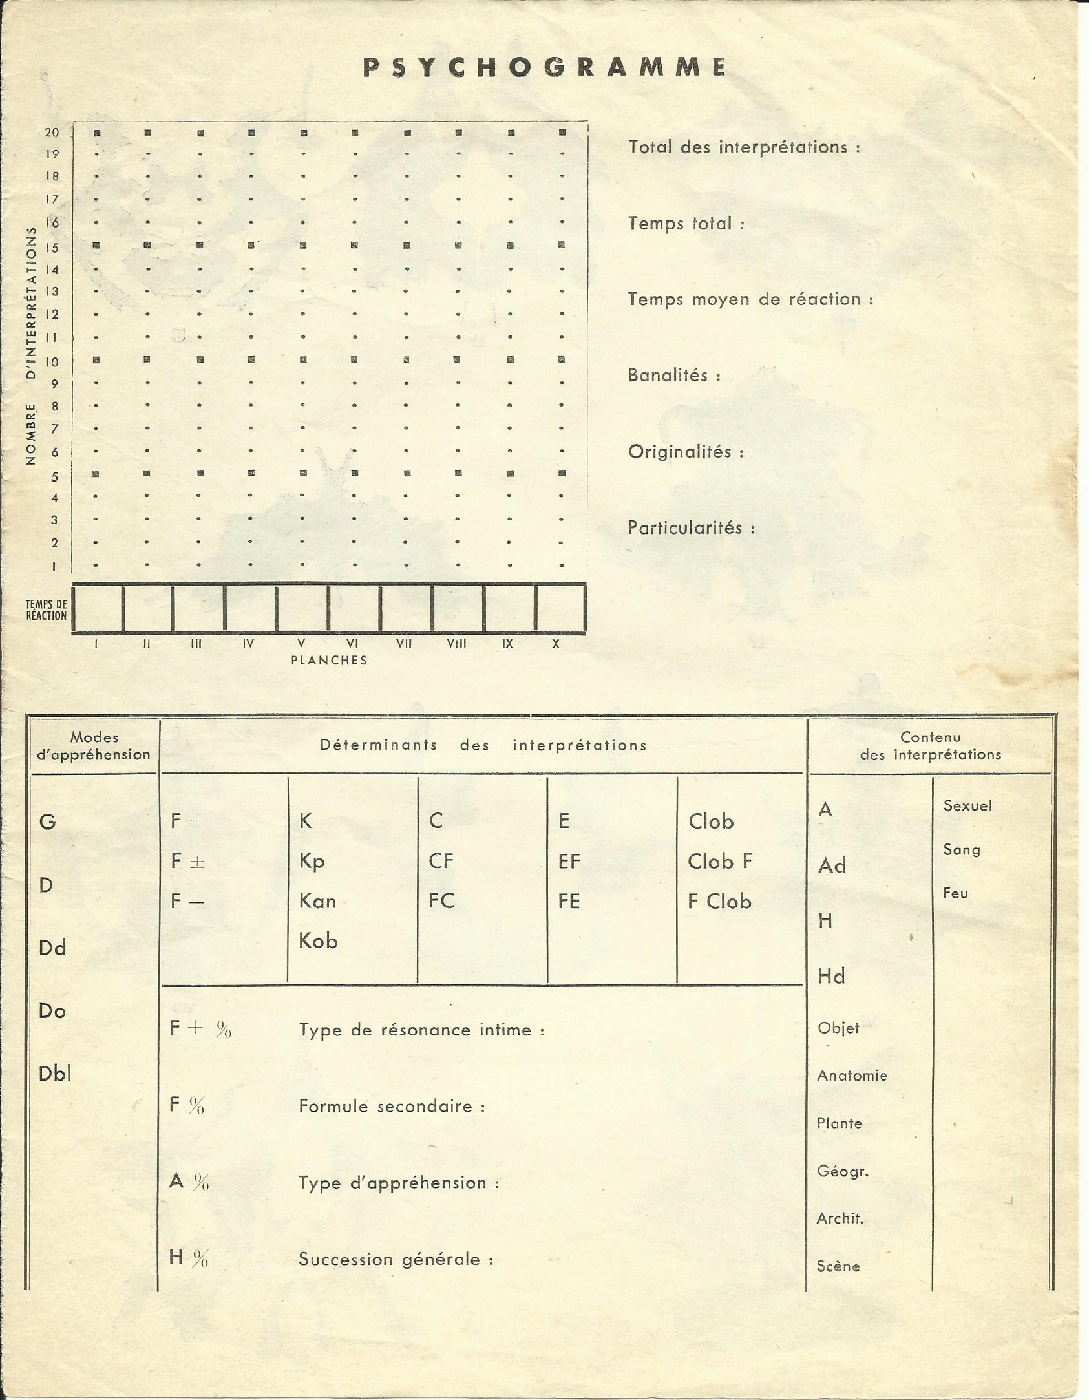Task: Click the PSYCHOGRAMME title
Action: (x=544, y=68)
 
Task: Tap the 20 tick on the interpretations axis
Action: (x=52, y=133)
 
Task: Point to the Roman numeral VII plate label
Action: (x=404, y=644)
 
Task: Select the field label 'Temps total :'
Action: (x=686, y=224)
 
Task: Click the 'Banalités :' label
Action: (x=674, y=375)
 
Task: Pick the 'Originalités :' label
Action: (x=686, y=451)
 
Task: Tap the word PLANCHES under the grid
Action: (x=329, y=661)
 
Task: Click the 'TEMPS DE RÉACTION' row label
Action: (x=46, y=610)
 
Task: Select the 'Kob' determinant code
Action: (x=318, y=941)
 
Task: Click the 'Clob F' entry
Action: (x=720, y=862)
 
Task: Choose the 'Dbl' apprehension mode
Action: (x=55, y=1074)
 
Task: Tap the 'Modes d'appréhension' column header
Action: (x=94, y=746)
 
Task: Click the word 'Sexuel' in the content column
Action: (x=967, y=806)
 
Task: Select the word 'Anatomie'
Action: (x=852, y=1076)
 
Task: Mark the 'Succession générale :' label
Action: (x=396, y=1259)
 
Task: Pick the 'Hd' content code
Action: (x=831, y=976)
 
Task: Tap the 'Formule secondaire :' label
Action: (x=392, y=1106)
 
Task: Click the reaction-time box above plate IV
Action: (x=249, y=608)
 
